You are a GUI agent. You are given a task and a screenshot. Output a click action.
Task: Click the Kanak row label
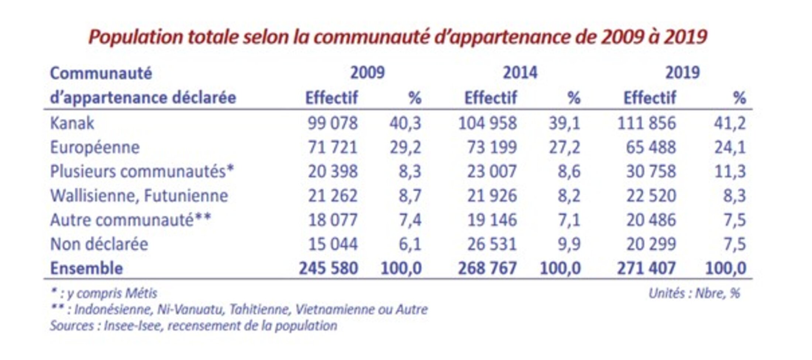[x=72, y=123]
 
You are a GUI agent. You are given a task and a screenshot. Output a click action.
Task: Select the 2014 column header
[x=520, y=73]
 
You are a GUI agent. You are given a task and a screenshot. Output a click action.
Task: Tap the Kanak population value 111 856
[x=646, y=123]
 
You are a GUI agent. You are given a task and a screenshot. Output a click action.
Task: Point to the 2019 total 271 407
[x=646, y=268]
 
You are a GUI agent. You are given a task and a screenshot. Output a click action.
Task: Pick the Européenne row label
[x=95, y=147]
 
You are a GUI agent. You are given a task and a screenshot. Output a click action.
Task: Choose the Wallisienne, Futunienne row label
[x=139, y=196]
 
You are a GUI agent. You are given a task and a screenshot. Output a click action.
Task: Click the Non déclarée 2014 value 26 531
[x=492, y=244]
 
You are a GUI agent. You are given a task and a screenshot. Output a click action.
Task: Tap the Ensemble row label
[x=86, y=268]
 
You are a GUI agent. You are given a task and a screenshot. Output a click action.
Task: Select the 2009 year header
[x=367, y=73]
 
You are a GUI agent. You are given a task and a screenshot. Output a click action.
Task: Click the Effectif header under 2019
[x=650, y=98]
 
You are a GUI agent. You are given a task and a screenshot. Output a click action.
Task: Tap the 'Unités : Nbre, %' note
[x=694, y=294]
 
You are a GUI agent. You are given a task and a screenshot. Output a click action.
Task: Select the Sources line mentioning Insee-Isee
[x=193, y=326]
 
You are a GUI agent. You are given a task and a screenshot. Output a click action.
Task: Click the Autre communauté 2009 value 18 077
[x=333, y=220]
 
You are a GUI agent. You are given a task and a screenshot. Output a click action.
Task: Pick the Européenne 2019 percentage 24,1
[x=730, y=147]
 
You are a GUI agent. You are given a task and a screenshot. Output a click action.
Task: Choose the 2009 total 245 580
[x=328, y=268]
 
